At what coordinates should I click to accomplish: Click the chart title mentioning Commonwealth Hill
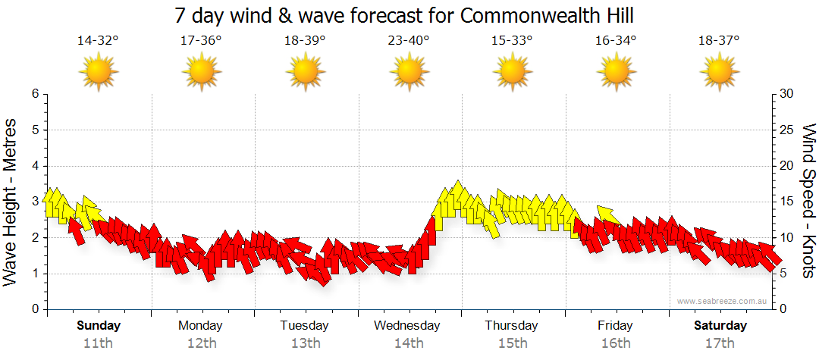(403, 15)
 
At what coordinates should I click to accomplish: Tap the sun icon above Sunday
(98, 72)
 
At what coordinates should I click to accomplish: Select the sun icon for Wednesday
(409, 72)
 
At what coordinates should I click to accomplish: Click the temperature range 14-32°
(98, 41)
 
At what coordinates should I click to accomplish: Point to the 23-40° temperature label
(409, 41)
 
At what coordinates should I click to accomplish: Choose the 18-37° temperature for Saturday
(720, 41)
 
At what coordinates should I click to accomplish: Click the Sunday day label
(98, 326)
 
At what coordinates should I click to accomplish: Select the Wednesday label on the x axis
(407, 326)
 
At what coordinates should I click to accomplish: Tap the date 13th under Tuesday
(305, 343)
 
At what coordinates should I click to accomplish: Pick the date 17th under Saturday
(720, 343)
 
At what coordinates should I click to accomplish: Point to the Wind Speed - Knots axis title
(808, 201)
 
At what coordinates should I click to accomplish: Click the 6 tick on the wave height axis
(34, 94)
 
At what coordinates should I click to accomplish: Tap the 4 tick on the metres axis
(34, 166)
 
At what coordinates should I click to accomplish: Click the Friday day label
(615, 326)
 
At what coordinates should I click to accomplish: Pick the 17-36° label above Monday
(201, 41)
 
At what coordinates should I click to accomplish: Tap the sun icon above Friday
(616, 72)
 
